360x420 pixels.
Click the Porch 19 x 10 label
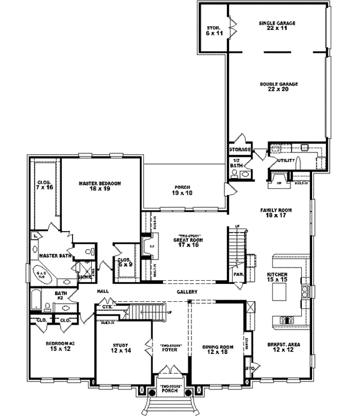(181, 190)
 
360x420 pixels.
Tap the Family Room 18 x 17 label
(275, 213)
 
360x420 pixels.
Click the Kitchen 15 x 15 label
(278, 277)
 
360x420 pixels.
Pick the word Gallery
(187, 292)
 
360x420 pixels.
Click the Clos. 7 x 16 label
(44, 184)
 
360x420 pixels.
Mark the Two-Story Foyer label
(170, 349)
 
